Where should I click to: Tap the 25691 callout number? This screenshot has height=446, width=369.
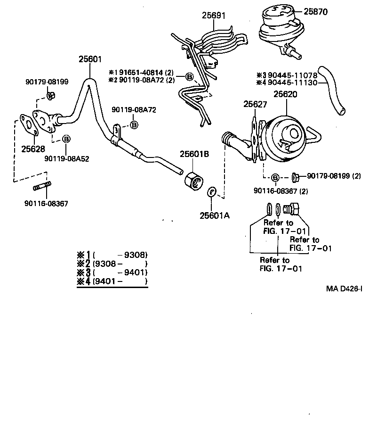(x=214, y=16)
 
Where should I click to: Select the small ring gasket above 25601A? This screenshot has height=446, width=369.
(x=212, y=192)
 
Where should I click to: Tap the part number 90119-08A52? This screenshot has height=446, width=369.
(x=67, y=158)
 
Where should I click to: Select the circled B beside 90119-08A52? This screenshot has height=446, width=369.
(x=66, y=139)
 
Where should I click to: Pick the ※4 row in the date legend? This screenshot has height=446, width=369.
(x=112, y=281)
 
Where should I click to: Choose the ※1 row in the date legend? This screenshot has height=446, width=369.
(x=112, y=255)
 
